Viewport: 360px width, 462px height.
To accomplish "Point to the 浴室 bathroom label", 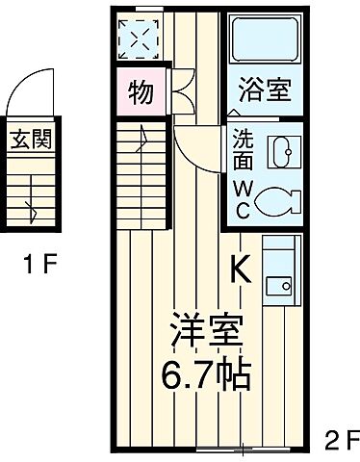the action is point(266,94).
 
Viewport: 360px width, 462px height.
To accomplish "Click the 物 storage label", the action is point(141,93).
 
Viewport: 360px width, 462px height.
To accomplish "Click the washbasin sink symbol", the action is point(280,152).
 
